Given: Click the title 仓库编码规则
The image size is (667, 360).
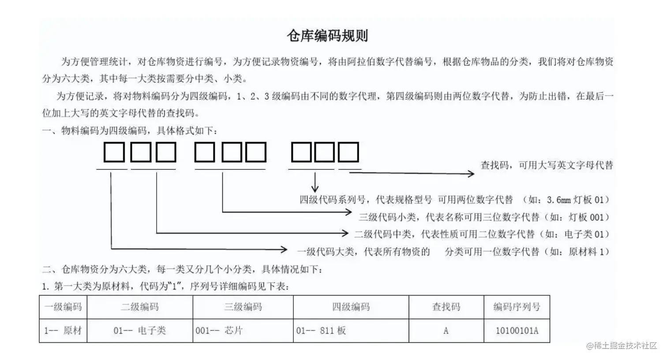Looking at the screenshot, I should coord(327,35).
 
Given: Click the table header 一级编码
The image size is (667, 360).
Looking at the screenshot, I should coord(63,307).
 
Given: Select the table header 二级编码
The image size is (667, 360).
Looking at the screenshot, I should coord(140,307).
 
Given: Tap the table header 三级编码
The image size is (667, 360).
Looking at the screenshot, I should coord(243,307).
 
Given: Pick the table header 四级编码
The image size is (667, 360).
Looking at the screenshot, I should coord(351,307).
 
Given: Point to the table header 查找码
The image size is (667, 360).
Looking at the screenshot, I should coord(446,307).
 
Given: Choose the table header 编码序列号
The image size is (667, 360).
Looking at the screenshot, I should coord(517,307).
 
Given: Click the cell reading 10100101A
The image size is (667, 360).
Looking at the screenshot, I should coord(517,330).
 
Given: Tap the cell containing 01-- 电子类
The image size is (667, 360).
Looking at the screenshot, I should coord(140,330).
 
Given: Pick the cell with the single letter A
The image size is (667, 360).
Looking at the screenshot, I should coord(446,330).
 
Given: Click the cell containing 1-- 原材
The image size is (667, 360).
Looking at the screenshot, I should coord(63,330).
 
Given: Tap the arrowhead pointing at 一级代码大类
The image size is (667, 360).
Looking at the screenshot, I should coord(284,250).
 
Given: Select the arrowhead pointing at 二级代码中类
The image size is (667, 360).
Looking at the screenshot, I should coord(345,232).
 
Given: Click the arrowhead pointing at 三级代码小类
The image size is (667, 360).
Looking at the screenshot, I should coord(348,212).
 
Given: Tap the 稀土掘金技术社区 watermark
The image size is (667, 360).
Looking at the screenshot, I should coord(622,345).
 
